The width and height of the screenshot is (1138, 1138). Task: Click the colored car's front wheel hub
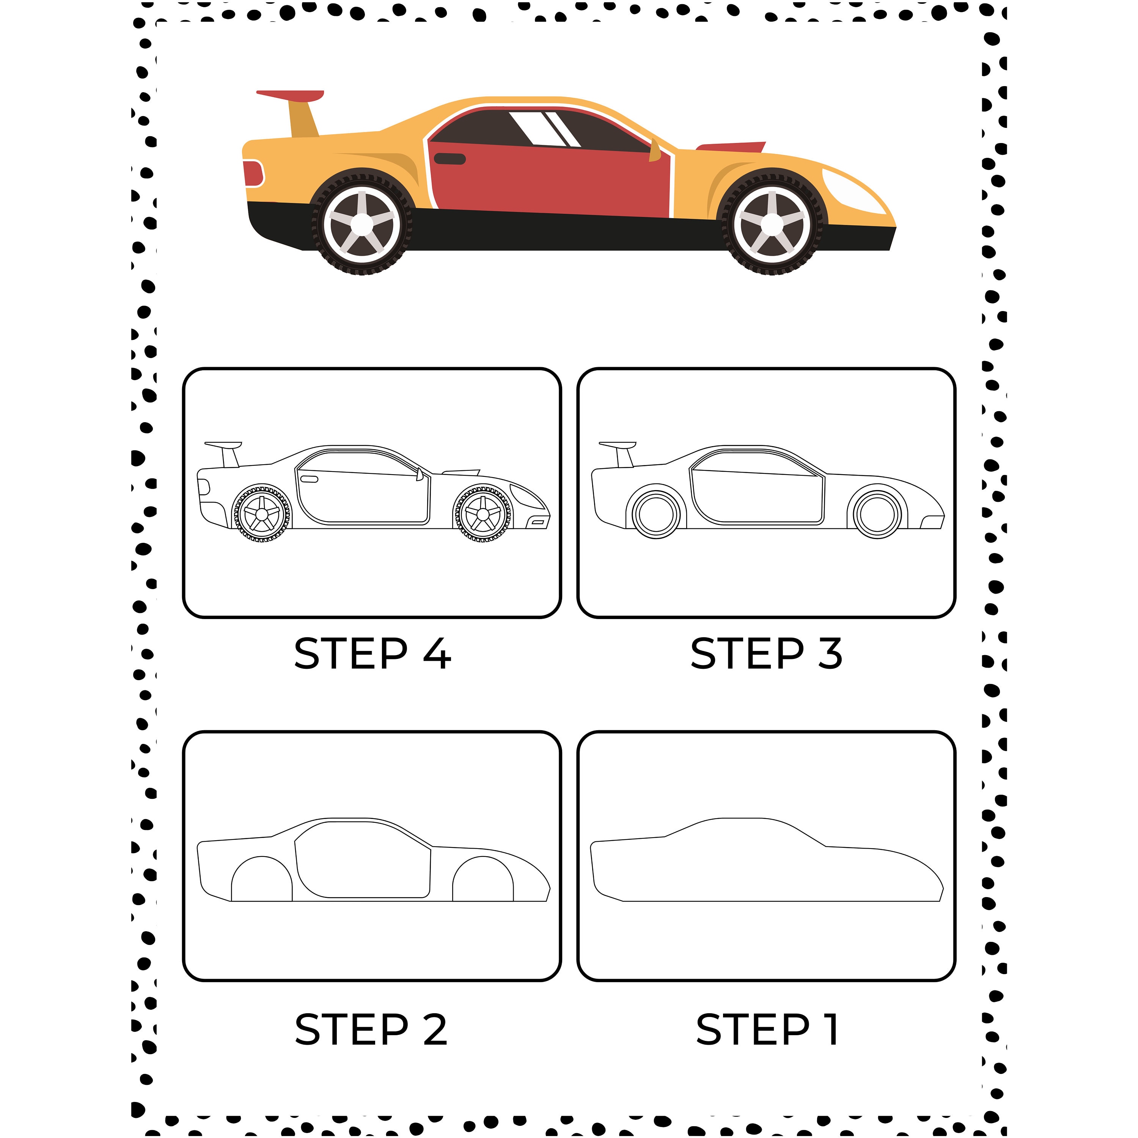pyautogui.click(x=772, y=224)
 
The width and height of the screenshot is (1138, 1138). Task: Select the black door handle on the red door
pyautogui.click(x=450, y=159)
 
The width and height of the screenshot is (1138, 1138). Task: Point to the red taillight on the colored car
pyautogui.click(x=253, y=173)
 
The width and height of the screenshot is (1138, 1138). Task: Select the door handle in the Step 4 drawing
pyautogui.click(x=309, y=479)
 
